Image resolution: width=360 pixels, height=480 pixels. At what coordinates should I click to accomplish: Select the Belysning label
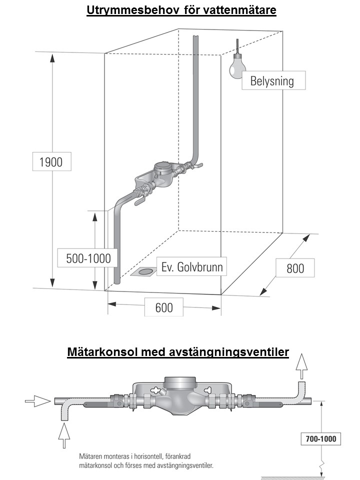[273, 81]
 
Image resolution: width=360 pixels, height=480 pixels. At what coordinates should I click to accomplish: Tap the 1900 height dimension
[51, 162]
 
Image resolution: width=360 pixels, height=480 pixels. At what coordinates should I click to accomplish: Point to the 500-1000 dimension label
[88, 258]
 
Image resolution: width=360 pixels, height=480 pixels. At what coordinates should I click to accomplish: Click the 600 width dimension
[163, 306]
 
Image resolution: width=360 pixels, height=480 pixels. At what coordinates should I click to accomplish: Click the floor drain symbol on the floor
[144, 272]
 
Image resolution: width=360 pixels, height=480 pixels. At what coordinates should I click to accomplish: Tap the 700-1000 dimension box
[321, 439]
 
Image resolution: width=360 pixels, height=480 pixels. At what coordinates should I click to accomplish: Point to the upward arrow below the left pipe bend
[64, 434]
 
